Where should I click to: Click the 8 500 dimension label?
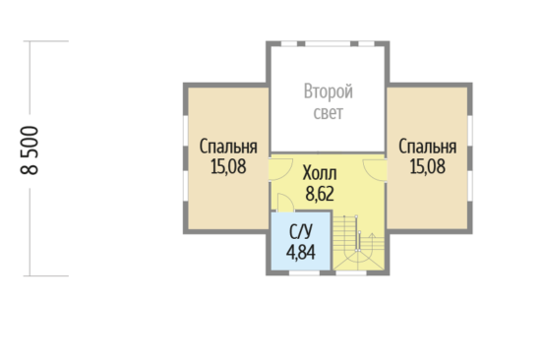point(30,150)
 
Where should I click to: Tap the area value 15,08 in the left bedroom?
point(228,166)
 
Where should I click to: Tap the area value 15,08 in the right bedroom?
point(427,166)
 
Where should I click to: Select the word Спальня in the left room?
point(228,147)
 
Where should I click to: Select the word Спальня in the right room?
point(427,147)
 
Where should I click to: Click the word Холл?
point(320,173)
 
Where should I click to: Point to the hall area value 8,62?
point(320,194)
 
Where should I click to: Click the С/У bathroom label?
point(301,232)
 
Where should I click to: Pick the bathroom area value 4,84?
point(301,252)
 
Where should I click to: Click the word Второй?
point(329,91)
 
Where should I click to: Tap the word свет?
point(329,113)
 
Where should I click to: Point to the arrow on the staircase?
point(372,240)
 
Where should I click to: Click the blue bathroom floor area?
point(300,241)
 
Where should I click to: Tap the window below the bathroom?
point(304,272)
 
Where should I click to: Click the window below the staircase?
point(351,272)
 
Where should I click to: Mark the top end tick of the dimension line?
point(46,41)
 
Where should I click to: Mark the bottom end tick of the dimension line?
point(46,276)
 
